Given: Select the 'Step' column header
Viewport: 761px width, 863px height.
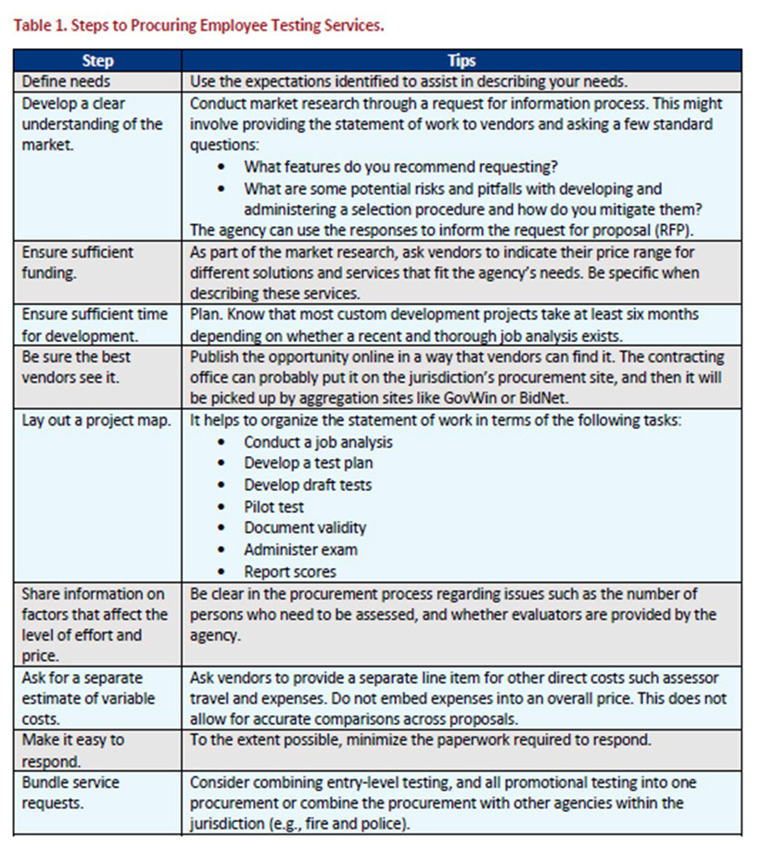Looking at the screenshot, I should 97,60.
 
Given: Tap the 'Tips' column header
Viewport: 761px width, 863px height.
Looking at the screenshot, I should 461,60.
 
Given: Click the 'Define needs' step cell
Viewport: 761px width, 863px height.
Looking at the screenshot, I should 66,82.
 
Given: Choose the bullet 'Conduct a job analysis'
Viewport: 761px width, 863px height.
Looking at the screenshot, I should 318,442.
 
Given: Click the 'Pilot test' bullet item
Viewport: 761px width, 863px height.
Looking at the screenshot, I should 273,507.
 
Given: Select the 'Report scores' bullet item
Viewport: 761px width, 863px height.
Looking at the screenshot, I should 290,572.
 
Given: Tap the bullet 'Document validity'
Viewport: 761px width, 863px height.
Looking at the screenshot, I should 305,528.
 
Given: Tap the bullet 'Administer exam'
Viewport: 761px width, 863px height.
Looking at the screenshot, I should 300,550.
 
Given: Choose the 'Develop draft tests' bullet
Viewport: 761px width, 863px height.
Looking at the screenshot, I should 308,485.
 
